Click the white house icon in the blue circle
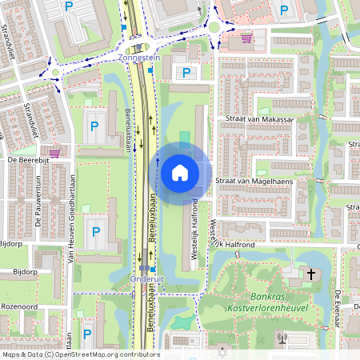[x=180, y=172]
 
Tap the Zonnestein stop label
[x=140, y=58]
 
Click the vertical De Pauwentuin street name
[x=38, y=204]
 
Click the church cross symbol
[x=310, y=274]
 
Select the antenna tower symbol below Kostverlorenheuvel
[x=282, y=338]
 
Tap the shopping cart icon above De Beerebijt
[x=54, y=151]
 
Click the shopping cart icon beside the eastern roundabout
[x=246, y=37]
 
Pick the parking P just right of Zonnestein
[x=186, y=73]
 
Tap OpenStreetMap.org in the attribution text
[x=87, y=354]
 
